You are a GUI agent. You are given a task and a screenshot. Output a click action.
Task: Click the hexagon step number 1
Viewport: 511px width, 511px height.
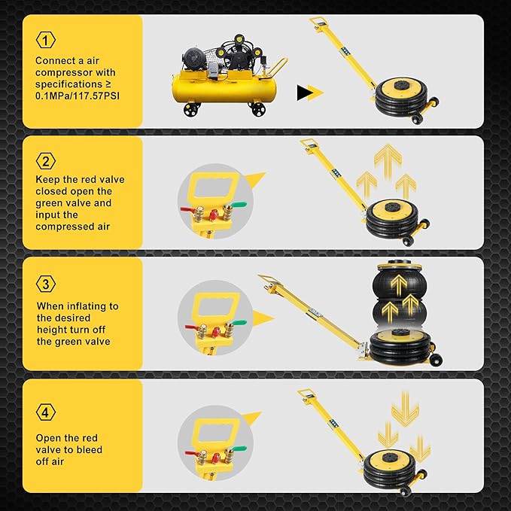[46, 40]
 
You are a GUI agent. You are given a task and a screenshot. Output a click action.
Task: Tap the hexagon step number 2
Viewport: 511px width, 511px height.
[46, 161]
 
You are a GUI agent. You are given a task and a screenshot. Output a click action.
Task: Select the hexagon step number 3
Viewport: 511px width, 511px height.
[46, 284]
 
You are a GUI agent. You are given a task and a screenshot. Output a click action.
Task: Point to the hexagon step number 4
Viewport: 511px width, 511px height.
[46, 412]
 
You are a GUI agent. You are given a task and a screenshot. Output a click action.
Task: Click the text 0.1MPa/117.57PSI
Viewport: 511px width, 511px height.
[78, 96]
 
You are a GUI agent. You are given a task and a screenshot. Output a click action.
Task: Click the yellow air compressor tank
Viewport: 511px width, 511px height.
[224, 89]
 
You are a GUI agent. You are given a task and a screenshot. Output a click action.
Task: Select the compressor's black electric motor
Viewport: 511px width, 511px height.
[194, 58]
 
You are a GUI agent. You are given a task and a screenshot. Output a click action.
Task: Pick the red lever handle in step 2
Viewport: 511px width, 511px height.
[188, 209]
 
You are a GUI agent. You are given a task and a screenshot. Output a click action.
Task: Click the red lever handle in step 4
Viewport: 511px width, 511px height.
[193, 452]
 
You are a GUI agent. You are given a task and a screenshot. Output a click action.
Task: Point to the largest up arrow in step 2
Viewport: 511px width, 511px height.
[388, 162]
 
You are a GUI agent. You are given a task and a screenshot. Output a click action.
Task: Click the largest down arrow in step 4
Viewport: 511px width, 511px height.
[405, 409]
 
